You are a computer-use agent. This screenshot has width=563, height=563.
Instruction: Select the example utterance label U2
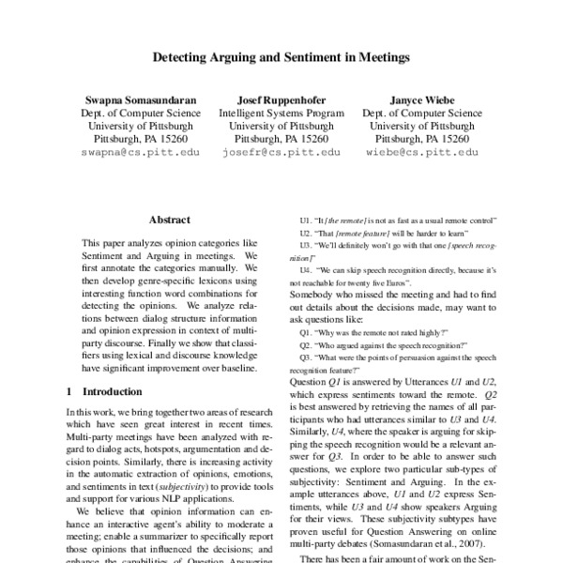click(x=305, y=232)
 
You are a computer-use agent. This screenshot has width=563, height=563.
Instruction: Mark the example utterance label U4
click(x=305, y=268)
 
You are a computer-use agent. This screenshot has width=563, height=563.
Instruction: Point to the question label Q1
click(x=305, y=333)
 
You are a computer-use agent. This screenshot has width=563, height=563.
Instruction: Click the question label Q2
click(x=305, y=345)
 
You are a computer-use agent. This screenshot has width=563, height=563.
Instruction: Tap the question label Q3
click(x=305, y=358)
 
